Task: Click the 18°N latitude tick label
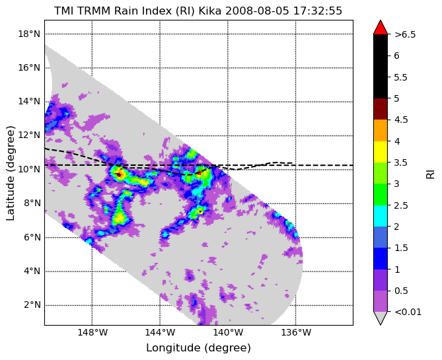click(x=29, y=34)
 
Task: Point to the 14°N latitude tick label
click(x=29, y=102)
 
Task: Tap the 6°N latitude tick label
click(x=32, y=237)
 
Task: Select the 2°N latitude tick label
click(x=32, y=305)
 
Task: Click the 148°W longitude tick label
click(x=92, y=333)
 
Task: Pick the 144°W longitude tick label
click(x=160, y=333)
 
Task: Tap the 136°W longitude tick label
click(x=296, y=333)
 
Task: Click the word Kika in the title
click(x=210, y=11)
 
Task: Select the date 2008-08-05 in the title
click(x=258, y=11)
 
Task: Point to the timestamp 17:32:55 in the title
click(x=318, y=11)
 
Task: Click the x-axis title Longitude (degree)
click(x=198, y=348)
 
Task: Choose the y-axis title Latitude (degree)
click(x=10, y=173)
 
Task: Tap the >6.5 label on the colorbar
click(x=405, y=34)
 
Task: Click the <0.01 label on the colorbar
click(x=408, y=312)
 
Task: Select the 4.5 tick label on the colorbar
click(x=401, y=120)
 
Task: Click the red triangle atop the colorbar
click(x=381, y=28)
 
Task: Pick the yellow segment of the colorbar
click(x=381, y=152)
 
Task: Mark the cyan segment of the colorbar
click(x=381, y=216)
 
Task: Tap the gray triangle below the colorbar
click(x=381, y=317)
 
